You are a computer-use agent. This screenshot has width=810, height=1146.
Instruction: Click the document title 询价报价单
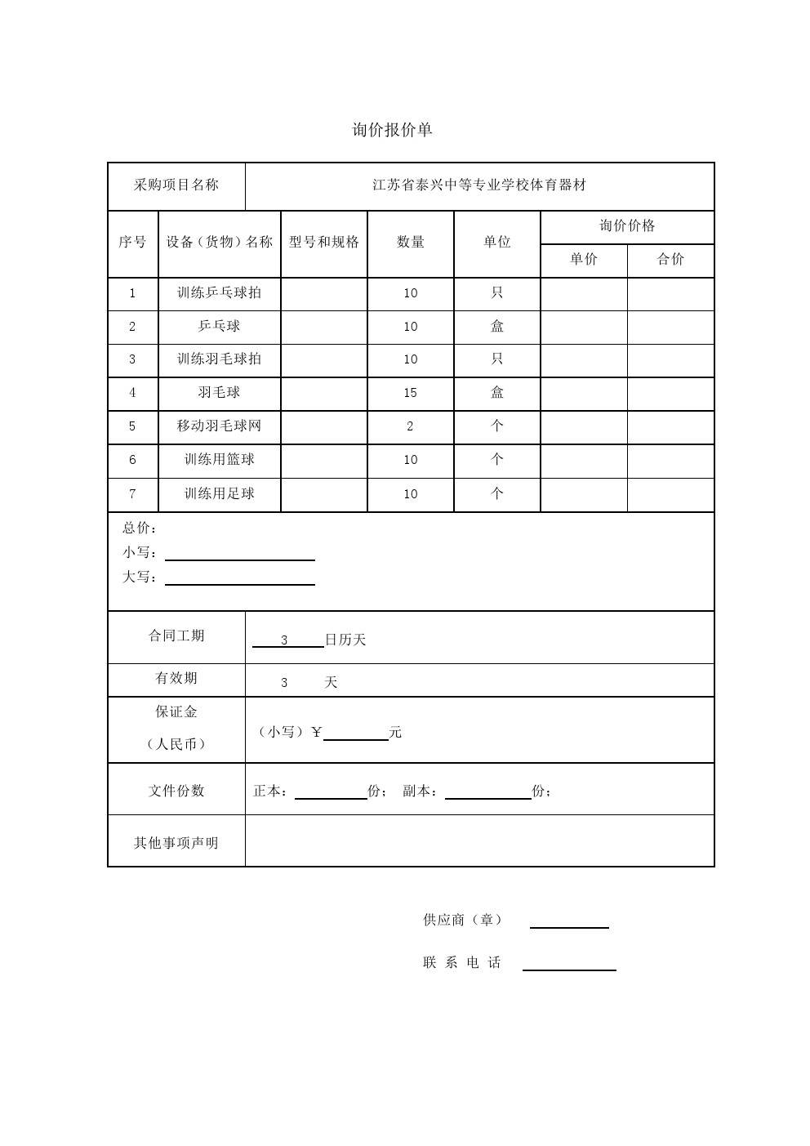coord(392,130)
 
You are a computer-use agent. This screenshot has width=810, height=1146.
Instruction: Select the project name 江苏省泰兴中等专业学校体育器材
coord(479,185)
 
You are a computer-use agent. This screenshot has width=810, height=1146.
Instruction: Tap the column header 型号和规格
coord(323,242)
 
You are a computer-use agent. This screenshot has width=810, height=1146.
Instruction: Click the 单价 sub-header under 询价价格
coord(583,259)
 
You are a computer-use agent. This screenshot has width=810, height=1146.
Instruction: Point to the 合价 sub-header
coord(670,259)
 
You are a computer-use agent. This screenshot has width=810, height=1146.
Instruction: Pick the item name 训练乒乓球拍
coord(219,292)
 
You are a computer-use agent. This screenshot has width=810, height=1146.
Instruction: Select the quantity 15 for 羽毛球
coord(410,393)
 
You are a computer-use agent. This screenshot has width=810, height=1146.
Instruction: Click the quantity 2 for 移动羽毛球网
coord(410,426)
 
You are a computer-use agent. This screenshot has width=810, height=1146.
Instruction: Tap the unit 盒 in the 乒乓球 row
coord(496,326)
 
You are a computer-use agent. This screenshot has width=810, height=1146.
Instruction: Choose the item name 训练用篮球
coord(219,460)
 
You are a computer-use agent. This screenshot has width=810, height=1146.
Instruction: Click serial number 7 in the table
coord(132,493)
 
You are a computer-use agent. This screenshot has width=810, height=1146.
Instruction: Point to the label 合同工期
coord(176,635)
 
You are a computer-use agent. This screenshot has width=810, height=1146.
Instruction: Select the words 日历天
coord(345,640)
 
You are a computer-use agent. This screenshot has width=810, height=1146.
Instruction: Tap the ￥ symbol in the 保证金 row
coord(317,732)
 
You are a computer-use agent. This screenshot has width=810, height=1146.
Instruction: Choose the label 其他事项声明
coord(176,842)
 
